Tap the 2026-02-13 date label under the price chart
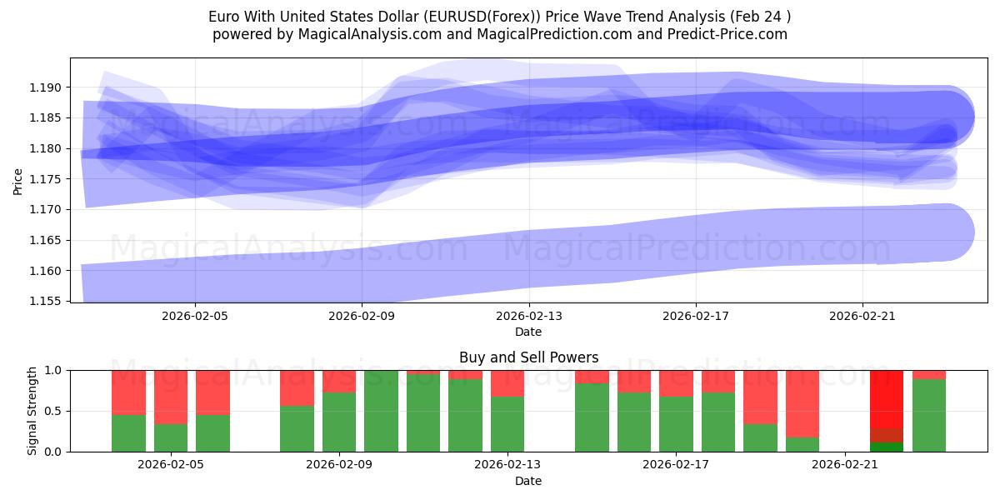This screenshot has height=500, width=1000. [528, 316]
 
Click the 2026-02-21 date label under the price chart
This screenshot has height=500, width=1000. [862, 316]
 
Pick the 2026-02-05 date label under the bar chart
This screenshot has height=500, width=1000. [171, 465]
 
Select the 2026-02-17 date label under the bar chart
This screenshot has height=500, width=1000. [676, 465]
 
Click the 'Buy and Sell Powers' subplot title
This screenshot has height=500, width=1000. [528, 357]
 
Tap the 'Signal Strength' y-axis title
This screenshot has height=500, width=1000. [32, 411]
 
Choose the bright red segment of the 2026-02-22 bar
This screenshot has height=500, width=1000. [887, 398]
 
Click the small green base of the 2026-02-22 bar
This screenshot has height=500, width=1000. [887, 447]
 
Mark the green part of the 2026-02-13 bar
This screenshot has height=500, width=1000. [507, 424]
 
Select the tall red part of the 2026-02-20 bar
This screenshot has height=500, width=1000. [802, 403]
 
